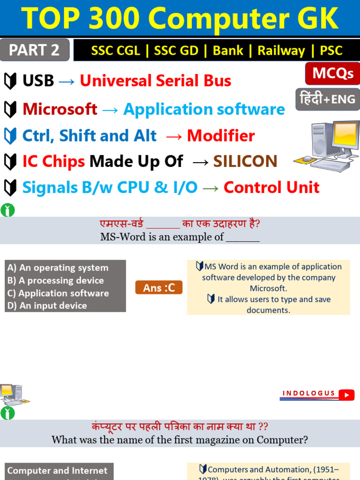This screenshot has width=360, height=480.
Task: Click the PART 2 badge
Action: (x=35, y=50)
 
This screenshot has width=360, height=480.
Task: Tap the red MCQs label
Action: (x=333, y=74)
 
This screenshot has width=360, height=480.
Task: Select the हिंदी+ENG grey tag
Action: (x=328, y=99)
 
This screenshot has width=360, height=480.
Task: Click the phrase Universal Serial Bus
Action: (x=155, y=81)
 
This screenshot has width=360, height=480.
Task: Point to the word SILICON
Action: (x=245, y=161)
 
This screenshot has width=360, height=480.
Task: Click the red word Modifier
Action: (x=221, y=136)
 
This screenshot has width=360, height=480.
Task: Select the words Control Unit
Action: (x=271, y=187)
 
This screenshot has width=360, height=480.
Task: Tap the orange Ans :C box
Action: (x=159, y=287)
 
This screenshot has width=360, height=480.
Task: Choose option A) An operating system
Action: (x=58, y=268)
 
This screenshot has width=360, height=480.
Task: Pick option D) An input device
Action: (x=47, y=306)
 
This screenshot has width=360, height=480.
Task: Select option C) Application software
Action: (x=58, y=293)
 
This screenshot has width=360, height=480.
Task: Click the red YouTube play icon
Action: (x=347, y=395)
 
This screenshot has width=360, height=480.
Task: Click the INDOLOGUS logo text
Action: (x=309, y=393)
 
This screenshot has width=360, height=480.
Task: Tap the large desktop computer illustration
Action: (x=326, y=146)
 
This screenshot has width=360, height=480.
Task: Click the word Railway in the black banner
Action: (x=281, y=51)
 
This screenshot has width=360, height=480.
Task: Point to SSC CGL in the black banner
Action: (x=115, y=51)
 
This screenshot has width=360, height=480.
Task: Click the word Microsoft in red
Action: (x=60, y=109)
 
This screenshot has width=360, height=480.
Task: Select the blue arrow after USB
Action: (x=67, y=81)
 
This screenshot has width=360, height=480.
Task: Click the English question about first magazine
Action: (x=180, y=440)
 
